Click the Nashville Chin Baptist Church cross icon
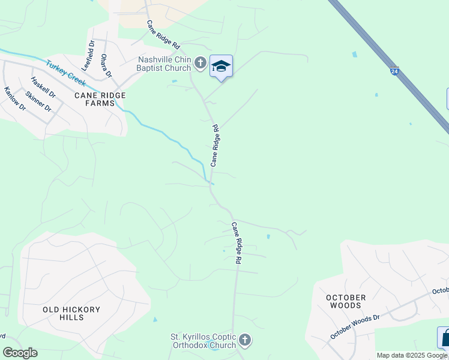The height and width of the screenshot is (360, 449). [200, 63]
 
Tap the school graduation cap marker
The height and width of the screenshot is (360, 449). [221, 66]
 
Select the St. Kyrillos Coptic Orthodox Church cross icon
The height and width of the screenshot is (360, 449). [244, 340]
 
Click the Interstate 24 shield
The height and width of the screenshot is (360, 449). [394, 71]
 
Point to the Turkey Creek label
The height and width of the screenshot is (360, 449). [65, 73]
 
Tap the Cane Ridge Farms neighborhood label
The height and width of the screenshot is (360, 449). [100, 99]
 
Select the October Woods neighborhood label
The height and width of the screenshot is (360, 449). [346, 301]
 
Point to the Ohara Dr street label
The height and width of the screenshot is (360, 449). [106, 65]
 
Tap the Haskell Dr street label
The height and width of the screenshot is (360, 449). [43, 88]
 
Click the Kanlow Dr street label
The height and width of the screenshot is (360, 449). [15, 99]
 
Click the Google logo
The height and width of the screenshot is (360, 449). [20, 353]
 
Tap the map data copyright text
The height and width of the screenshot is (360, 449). [412, 355]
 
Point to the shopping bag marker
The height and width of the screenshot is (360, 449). [445, 338]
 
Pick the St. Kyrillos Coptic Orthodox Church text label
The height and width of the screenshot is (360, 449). [205, 341]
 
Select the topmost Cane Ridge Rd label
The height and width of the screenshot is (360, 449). [163, 35]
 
